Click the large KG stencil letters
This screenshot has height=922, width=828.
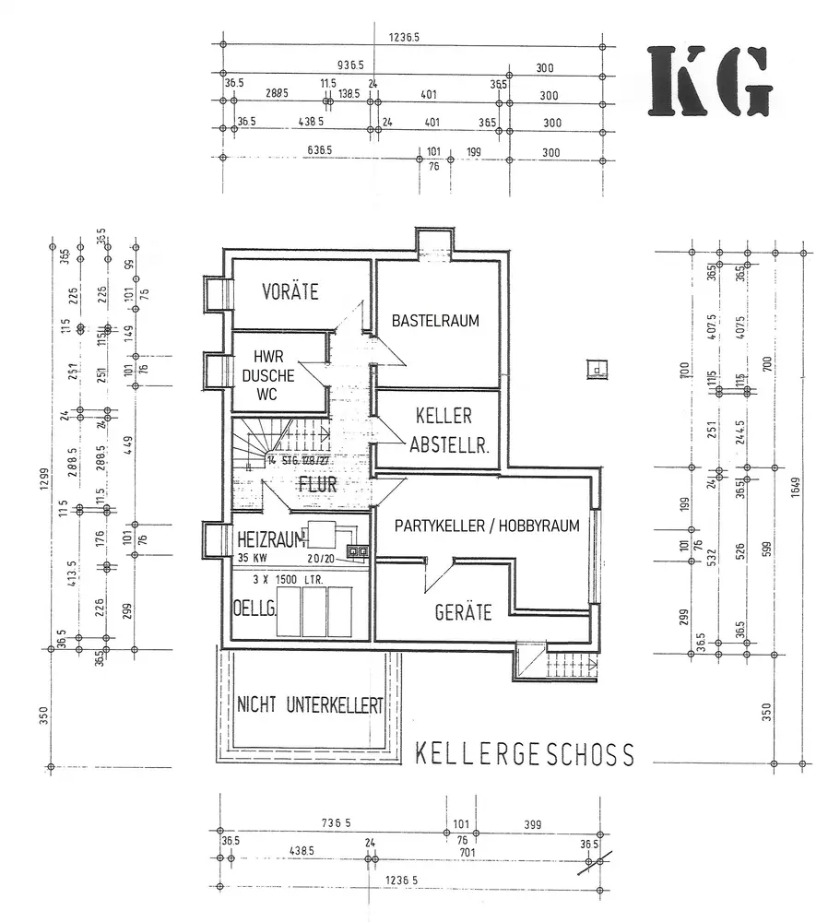709,81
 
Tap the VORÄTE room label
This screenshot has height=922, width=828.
290,292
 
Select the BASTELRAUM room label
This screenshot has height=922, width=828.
435,321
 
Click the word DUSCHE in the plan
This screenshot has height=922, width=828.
267,376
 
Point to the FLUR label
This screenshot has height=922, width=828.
317,483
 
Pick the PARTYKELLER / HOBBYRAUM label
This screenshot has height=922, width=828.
486,526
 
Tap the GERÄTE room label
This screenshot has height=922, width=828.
463,611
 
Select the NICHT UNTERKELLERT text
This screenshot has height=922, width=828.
310,706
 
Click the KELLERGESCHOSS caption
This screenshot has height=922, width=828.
525,754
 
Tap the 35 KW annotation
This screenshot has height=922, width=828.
253,557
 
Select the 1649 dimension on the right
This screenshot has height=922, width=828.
794,503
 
